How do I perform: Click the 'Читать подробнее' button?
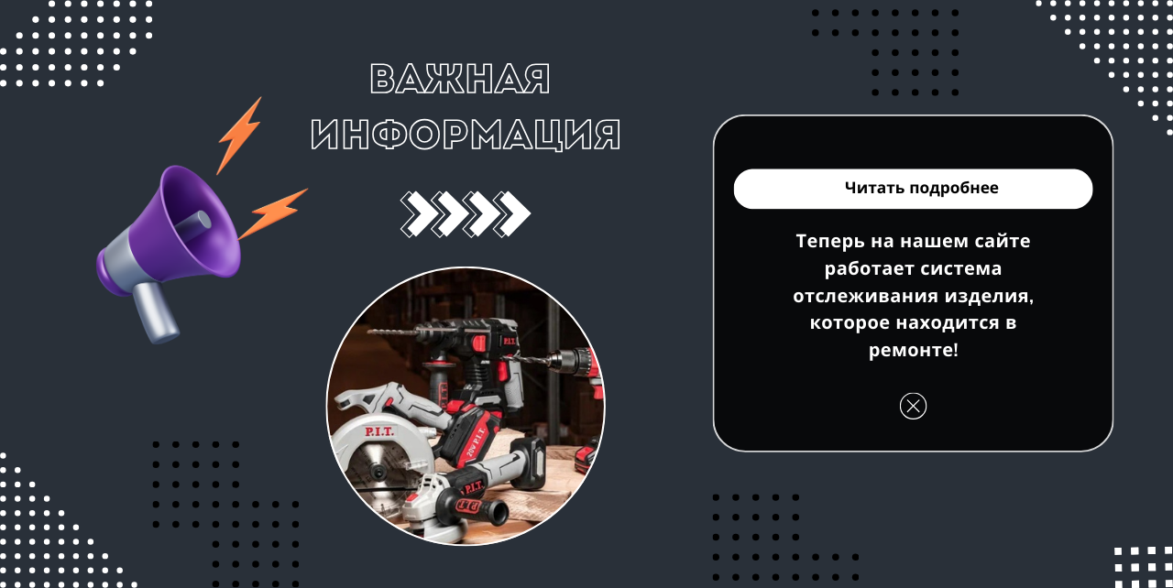pyautogui.click(x=913, y=189)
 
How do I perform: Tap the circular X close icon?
pyautogui.click(x=913, y=406)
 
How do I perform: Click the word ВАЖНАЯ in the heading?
pyautogui.click(x=460, y=79)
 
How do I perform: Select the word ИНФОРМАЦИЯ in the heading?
pyautogui.click(x=465, y=135)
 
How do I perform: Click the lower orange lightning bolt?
pyautogui.click(x=272, y=212)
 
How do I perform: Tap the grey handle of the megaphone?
pyautogui.click(x=156, y=313)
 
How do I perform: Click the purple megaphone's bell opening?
pyautogui.click(x=202, y=221)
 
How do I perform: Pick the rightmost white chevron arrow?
pyautogui.click(x=512, y=213)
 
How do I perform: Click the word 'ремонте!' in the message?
pyautogui.click(x=914, y=350)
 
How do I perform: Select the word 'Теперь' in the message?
pyautogui.click(x=830, y=241)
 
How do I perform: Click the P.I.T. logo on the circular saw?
pyautogui.click(x=379, y=431)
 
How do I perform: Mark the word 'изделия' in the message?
pyautogui.click(x=989, y=296)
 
